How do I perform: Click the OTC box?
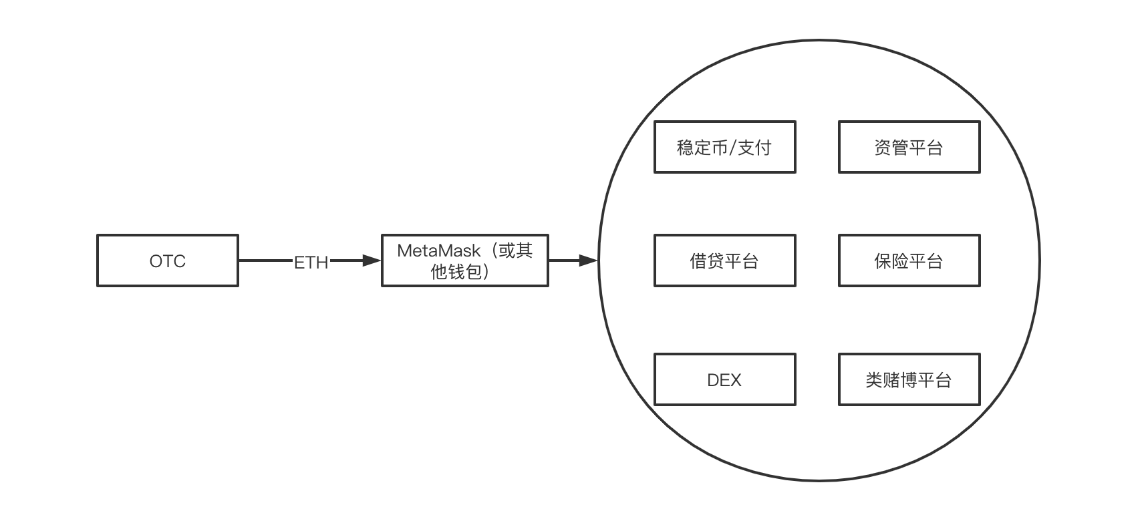tap(167, 261)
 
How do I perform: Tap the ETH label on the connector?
tap(311, 263)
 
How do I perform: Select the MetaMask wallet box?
tap(464, 261)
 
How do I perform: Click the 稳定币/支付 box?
tap(724, 147)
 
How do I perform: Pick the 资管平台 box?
tap(909, 147)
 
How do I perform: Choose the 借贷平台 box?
tap(724, 261)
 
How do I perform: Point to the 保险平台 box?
tap(909, 261)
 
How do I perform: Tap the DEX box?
tap(724, 379)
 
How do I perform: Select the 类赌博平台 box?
tap(909, 379)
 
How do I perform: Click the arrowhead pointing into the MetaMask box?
tap(372, 261)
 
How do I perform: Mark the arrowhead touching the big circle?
tap(588, 261)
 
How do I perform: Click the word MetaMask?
tap(438, 250)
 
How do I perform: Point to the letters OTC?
tap(167, 261)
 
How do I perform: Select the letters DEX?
tap(724, 380)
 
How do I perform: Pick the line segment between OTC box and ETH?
tap(265, 261)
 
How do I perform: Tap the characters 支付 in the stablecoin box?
tap(754, 148)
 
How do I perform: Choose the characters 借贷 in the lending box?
tap(707, 261)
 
